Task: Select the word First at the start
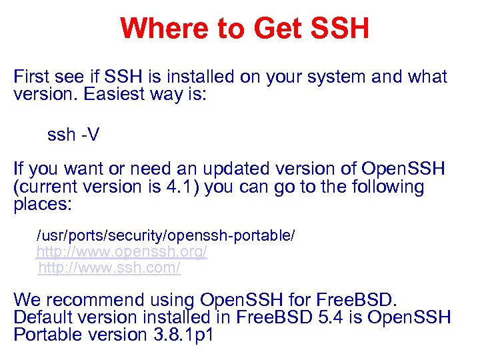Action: pos(33,77)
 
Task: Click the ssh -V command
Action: pos(73,135)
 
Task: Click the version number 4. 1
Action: pos(181,187)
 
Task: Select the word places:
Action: pos(42,204)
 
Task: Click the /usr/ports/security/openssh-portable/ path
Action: pos(165,236)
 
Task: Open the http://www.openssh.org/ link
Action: pos(121,252)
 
